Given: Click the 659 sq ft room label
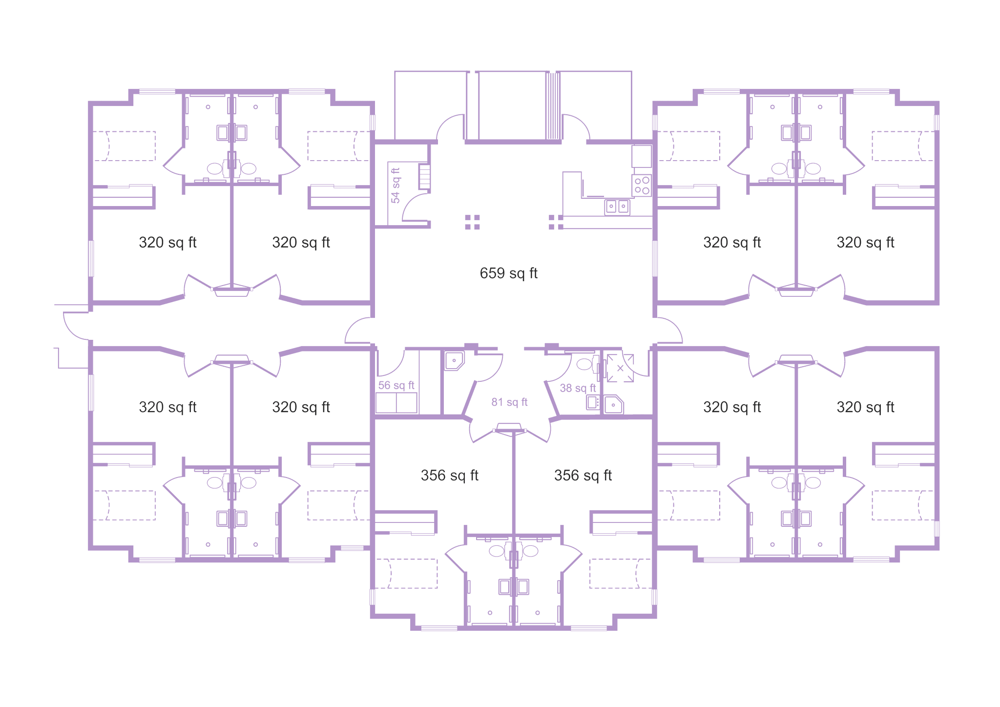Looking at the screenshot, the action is point(508,273).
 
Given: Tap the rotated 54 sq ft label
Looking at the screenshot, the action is point(396,186).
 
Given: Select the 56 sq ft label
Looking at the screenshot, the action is point(396,385).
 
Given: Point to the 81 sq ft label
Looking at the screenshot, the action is point(509,402).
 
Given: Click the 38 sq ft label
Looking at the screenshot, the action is point(578,388).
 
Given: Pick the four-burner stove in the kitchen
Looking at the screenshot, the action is point(642,186).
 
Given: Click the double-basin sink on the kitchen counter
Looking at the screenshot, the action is point(617,207).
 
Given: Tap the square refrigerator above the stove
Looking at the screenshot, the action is point(642,156).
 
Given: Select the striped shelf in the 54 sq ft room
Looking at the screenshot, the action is point(424,177).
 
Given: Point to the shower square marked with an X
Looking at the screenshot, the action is point(620,368).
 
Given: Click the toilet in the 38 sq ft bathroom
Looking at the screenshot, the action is point(588,364).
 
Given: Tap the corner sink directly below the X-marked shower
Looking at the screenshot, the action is point(614,404).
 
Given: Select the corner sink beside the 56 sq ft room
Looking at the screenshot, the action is point(454,361).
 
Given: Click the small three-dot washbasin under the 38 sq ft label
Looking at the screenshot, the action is point(593,402).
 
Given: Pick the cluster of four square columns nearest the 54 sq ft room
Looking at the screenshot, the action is point(472,222).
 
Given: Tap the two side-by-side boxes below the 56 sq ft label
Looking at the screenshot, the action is point(396,403).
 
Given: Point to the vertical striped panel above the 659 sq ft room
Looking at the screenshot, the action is point(553,105).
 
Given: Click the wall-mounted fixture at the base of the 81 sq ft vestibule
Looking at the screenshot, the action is point(510,428).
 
